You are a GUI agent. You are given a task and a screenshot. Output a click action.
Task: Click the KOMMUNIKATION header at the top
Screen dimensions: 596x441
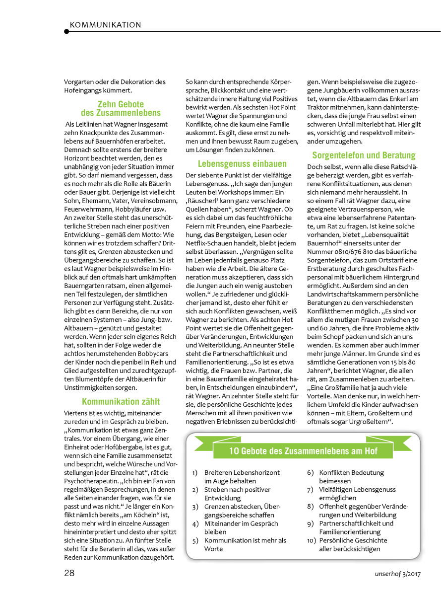(106, 25)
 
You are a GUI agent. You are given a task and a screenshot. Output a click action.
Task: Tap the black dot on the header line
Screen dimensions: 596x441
(66, 31)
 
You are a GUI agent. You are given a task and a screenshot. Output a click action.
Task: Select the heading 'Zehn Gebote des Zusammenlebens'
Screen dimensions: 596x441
(121, 108)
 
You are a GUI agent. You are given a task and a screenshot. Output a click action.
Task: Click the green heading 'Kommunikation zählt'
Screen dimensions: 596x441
(121, 401)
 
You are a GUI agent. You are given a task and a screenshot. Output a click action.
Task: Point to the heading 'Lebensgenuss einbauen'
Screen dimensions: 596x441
(242, 163)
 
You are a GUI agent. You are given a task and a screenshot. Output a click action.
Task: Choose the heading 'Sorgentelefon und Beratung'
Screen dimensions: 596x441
(364, 155)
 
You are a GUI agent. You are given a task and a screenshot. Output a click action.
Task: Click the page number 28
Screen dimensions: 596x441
(69, 573)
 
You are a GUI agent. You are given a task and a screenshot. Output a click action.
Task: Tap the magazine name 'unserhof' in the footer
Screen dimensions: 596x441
(390, 574)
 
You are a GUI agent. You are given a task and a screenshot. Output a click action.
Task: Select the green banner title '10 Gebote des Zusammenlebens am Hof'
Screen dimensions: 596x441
(303, 451)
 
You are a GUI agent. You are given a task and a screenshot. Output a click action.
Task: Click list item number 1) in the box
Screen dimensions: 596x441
(195, 473)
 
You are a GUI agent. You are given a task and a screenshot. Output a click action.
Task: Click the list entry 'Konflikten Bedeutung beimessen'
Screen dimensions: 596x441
(351, 477)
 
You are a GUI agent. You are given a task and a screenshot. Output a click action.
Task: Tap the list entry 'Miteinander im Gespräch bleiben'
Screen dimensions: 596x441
(241, 527)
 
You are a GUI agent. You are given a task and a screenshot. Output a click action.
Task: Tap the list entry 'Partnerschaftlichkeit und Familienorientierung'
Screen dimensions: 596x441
(356, 527)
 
